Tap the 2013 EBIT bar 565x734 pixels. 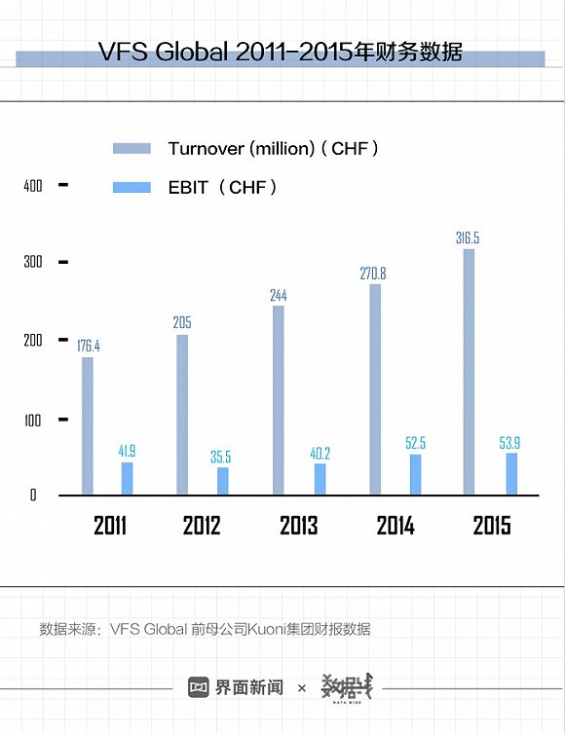tap(320, 479)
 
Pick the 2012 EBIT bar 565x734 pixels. tap(223, 481)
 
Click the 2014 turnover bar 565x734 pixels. tap(375, 389)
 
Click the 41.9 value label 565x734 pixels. tap(128, 451)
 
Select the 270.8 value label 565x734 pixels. tap(375, 274)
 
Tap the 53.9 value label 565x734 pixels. tap(511, 443)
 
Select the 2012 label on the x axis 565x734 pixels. tap(202, 526)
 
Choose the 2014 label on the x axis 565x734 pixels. tap(395, 526)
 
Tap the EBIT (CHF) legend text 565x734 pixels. tap(223, 187)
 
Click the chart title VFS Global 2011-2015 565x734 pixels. tap(281, 53)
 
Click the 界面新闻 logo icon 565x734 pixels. tap(199, 687)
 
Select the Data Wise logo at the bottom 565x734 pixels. tap(348, 686)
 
